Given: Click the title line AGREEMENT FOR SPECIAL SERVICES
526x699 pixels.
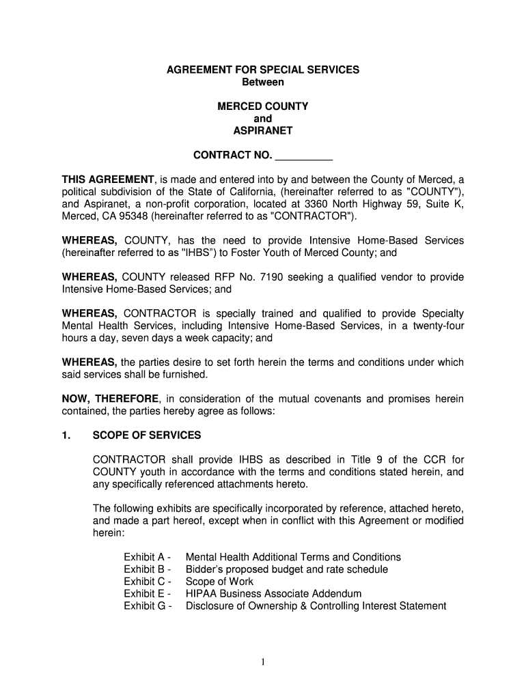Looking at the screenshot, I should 263,70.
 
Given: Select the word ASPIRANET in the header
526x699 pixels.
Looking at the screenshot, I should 263,130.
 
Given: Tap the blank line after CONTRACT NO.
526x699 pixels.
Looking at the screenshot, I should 303,156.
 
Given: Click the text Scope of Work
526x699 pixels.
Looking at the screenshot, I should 219,582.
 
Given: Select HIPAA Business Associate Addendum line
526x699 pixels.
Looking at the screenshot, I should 273,594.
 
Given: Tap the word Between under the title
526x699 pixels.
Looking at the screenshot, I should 263,83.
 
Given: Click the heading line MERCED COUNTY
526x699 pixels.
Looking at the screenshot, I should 263,106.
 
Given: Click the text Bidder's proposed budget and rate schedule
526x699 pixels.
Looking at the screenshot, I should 286,569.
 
